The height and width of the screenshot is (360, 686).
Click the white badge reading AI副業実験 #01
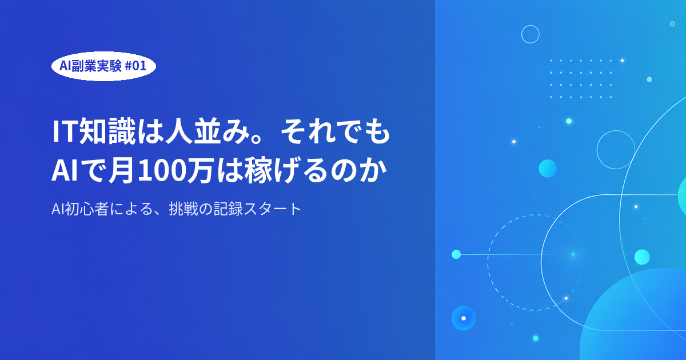click(x=103, y=66)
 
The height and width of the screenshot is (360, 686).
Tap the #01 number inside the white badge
click(x=135, y=66)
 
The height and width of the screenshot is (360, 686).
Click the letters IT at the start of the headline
click(x=64, y=131)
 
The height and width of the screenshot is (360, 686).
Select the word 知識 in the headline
click(x=107, y=131)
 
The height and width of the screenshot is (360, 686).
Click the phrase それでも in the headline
click(x=336, y=131)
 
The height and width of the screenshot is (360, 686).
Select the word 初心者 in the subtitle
click(x=87, y=209)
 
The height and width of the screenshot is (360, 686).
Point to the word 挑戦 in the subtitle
click(x=183, y=209)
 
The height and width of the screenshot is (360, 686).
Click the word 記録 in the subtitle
click(x=228, y=209)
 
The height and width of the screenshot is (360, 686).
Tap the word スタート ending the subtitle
click(x=273, y=209)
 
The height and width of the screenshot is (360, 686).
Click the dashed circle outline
click(x=488, y=263)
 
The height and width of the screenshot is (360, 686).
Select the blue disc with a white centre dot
click(x=464, y=318)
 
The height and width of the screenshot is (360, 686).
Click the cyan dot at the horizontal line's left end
click(x=456, y=254)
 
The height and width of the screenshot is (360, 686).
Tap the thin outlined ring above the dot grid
click(x=531, y=25)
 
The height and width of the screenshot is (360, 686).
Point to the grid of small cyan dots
click(x=581, y=79)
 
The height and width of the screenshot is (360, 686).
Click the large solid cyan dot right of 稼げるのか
click(x=548, y=169)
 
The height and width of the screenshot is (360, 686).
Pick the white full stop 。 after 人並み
click(x=257, y=139)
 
